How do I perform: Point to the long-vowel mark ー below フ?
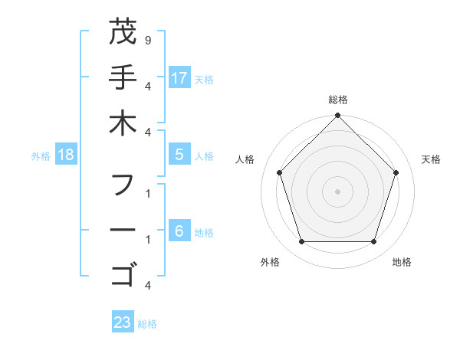click(x=122, y=230)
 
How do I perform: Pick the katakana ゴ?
click(x=122, y=274)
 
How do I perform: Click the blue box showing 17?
click(x=179, y=77)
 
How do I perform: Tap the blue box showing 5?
click(x=179, y=155)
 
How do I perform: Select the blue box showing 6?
click(x=179, y=230)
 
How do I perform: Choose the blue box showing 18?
click(x=66, y=155)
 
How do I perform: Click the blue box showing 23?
click(x=122, y=322)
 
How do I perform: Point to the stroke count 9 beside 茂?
click(x=147, y=39)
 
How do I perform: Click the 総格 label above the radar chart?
click(x=337, y=100)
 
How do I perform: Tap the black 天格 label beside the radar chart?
click(x=432, y=159)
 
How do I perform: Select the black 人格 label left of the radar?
click(x=245, y=159)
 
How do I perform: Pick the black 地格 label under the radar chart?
click(x=402, y=262)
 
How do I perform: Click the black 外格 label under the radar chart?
click(x=270, y=262)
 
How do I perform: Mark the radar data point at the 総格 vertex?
click(x=337, y=116)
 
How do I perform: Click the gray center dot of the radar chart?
click(x=337, y=191)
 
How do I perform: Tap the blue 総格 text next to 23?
click(x=147, y=324)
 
